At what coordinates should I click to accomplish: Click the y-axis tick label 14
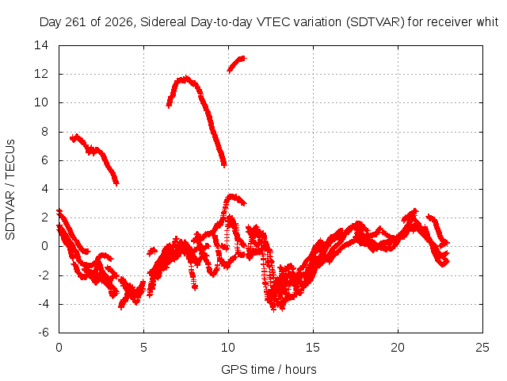tap(41, 45)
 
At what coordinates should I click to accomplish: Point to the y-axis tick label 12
tap(41, 74)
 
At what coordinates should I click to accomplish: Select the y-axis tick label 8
tap(44, 132)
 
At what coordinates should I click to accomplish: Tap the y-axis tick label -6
tap(44, 333)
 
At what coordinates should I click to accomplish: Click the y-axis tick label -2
tap(44, 275)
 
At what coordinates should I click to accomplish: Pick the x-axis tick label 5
tap(143, 348)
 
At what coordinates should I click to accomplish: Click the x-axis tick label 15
tap(313, 348)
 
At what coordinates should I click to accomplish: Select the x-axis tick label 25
tap(482, 348)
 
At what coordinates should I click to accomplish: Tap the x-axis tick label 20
tap(398, 348)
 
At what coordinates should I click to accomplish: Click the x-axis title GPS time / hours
tap(269, 369)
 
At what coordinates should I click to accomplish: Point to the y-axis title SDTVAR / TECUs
tap(10, 190)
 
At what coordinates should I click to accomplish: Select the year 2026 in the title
tap(119, 22)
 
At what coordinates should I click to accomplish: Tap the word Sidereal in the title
tap(163, 22)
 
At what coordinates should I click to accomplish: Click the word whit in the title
tap(487, 22)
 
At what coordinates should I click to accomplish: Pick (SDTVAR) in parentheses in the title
tap(375, 22)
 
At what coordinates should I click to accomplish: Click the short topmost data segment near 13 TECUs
tap(237, 63)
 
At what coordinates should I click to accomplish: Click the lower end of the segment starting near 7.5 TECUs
tap(116, 183)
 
